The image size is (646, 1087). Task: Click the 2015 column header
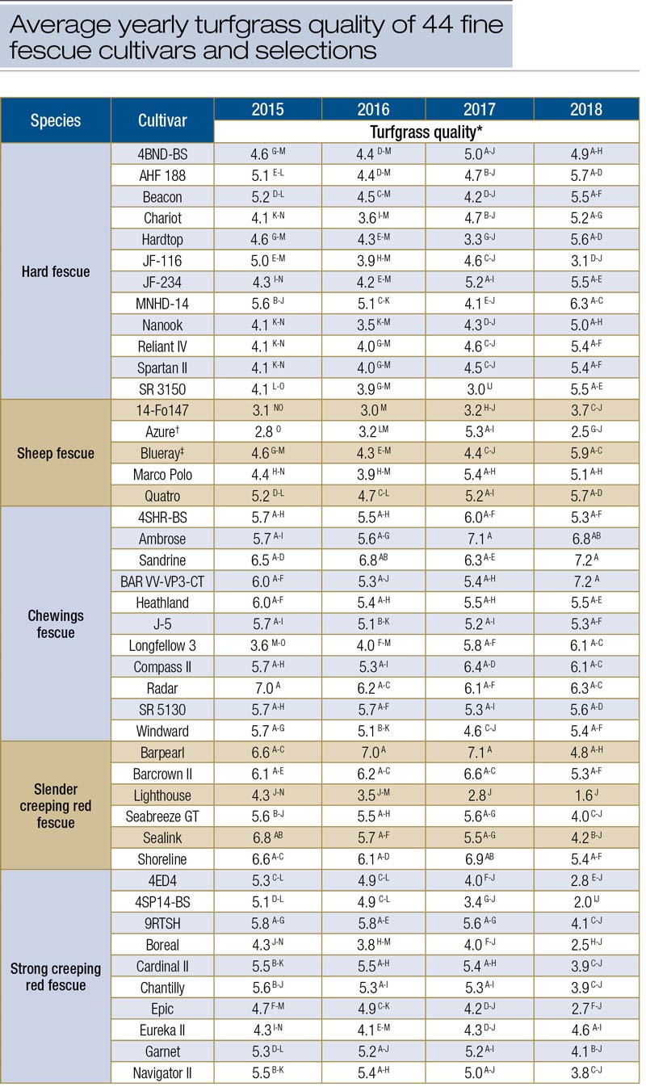(x=267, y=109)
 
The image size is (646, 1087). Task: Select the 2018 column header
(x=585, y=109)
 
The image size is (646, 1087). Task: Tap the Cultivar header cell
(x=161, y=120)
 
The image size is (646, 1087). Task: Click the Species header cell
(x=56, y=120)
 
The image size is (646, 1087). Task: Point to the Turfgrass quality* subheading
(x=427, y=131)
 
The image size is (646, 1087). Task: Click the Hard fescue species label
(x=56, y=271)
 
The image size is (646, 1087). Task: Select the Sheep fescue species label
(x=56, y=453)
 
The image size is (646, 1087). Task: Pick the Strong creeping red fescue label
(x=56, y=976)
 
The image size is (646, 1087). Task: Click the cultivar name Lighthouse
(x=161, y=795)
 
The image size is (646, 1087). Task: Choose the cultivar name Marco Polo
(x=161, y=474)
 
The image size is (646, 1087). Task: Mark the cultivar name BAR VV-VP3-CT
(x=161, y=581)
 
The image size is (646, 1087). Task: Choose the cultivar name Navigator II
(x=161, y=1072)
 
